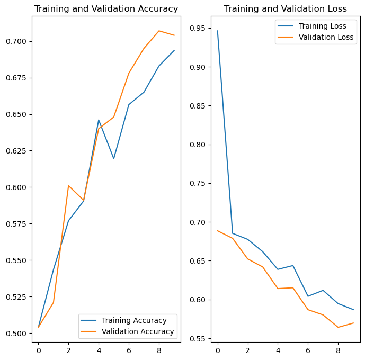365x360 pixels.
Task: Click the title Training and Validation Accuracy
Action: (106, 9)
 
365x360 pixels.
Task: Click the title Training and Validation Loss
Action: (286, 9)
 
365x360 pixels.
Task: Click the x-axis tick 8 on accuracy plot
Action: (159, 350)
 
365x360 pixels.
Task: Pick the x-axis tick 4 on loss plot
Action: (278, 350)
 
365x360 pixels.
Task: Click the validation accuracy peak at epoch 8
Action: (159, 31)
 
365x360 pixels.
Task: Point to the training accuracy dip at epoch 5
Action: (114, 158)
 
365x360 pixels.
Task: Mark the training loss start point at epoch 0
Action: (217, 31)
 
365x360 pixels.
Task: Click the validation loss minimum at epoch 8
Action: (338, 327)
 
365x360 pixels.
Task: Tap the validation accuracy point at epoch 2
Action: (68, 185)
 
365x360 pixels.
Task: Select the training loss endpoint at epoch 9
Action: (353, 310)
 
